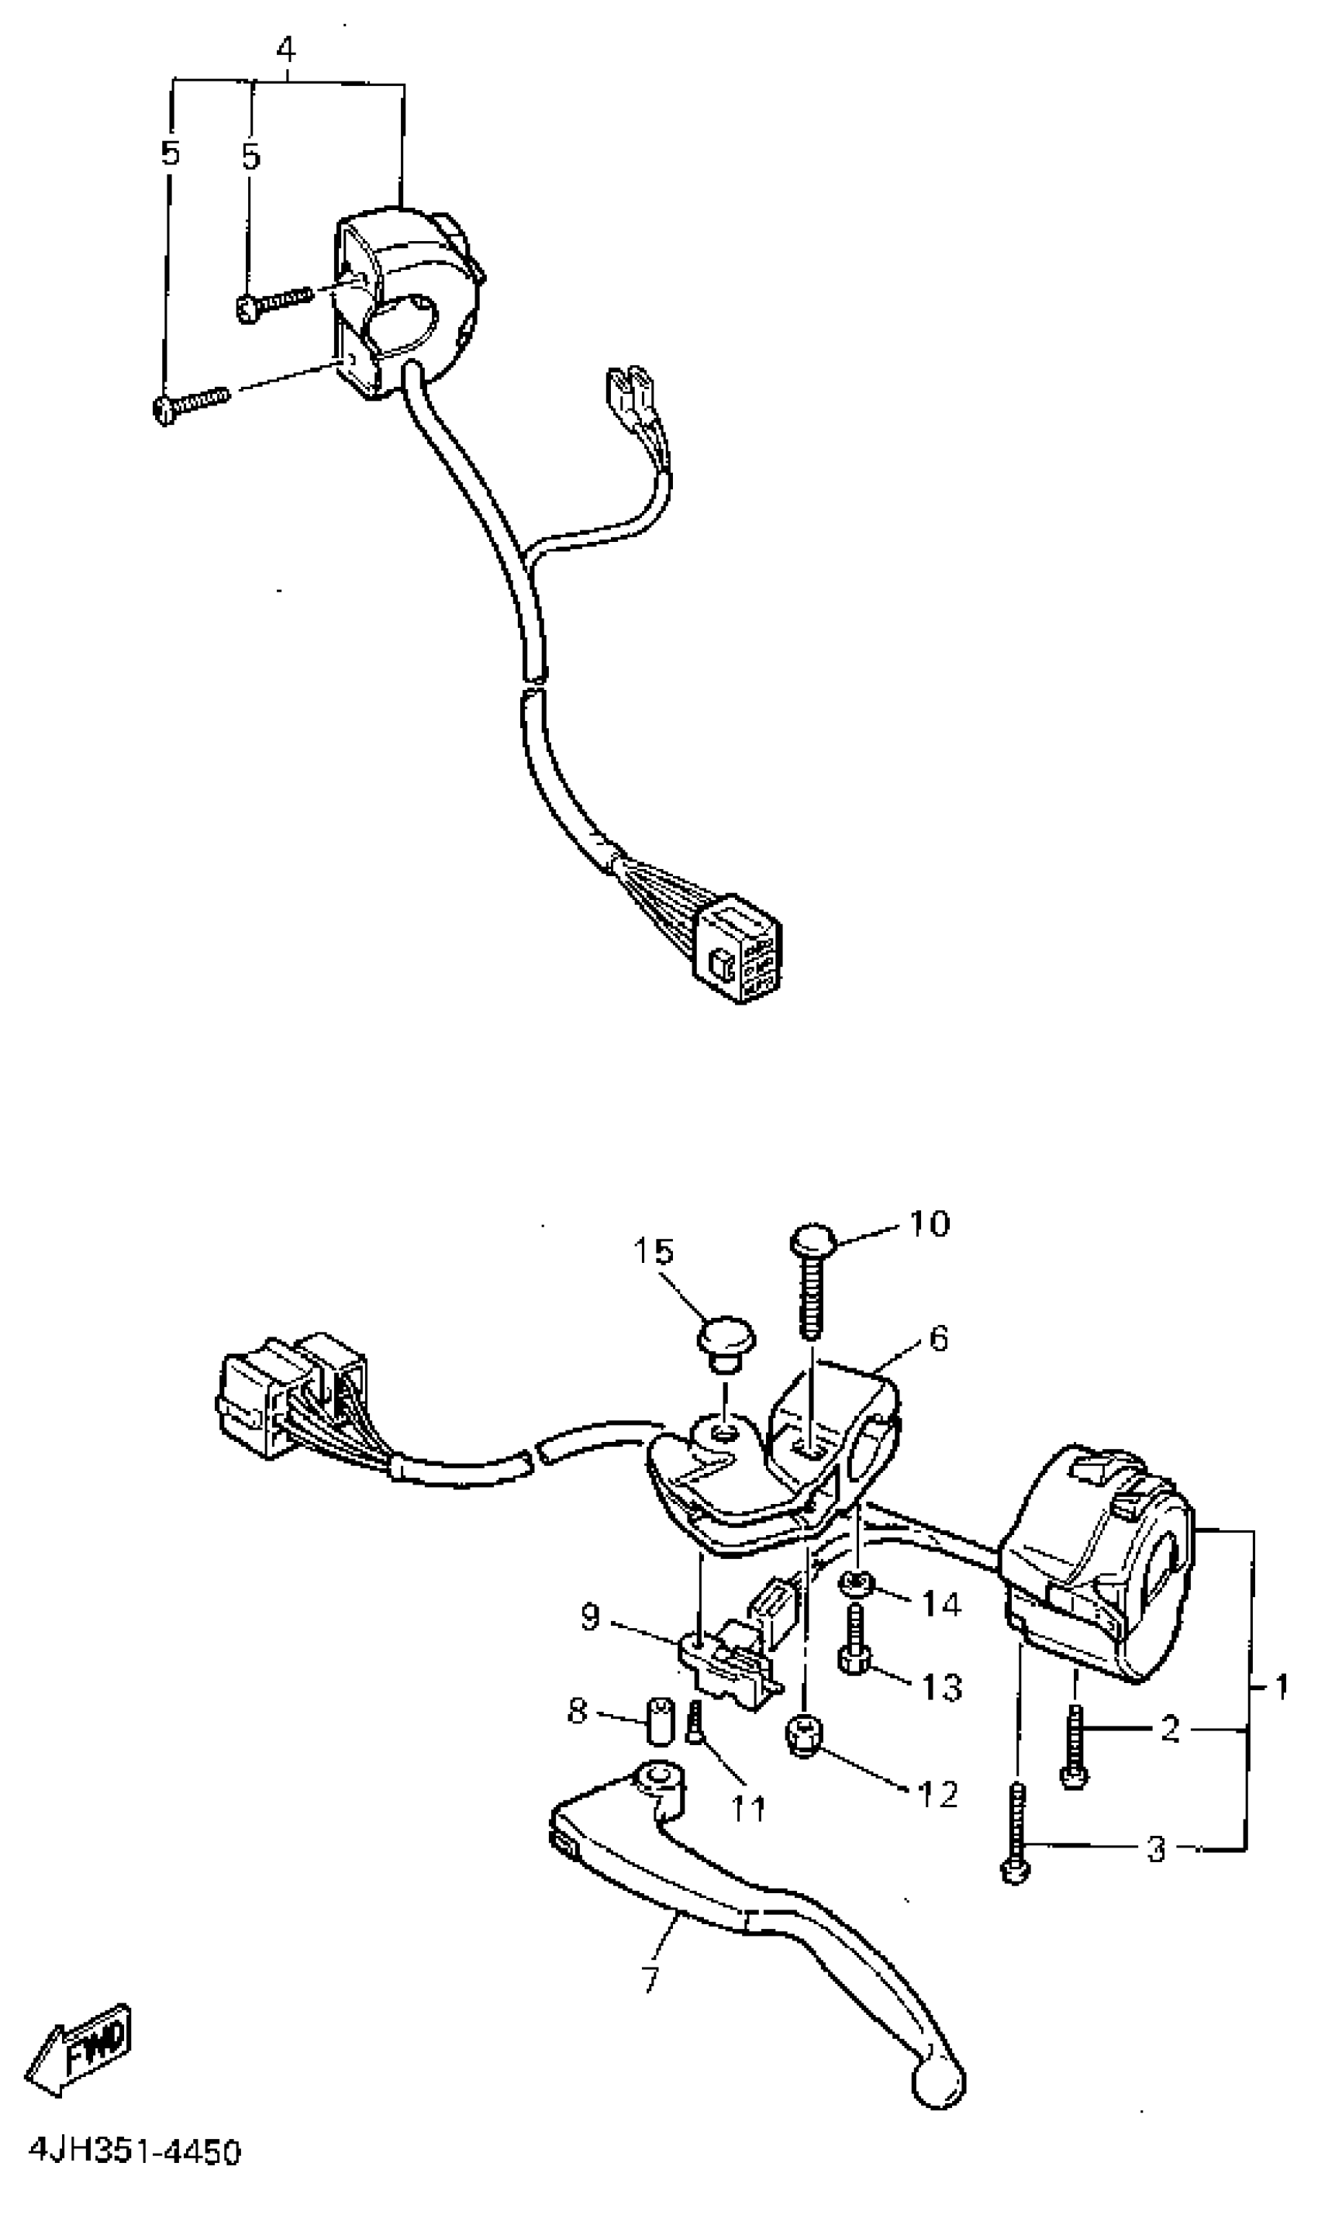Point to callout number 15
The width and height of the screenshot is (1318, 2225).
(x=654, y=1252)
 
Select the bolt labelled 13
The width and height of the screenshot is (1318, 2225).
(x=853, y=1648)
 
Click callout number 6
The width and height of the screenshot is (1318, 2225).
(x=939, y=1338)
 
